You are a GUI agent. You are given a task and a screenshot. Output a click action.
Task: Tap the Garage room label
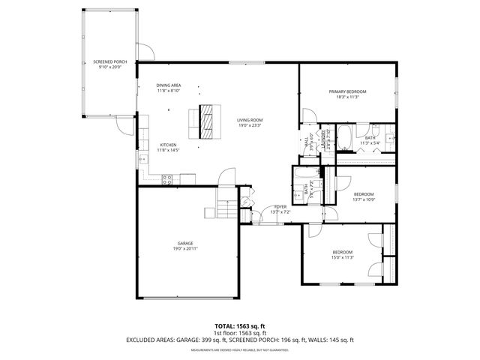[186, 243]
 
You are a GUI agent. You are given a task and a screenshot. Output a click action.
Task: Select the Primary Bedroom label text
[345, 91]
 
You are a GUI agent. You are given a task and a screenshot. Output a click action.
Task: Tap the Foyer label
[280, 206]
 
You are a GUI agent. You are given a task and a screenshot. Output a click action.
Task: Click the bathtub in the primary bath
[346, 139]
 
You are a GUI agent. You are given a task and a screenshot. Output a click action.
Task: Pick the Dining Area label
[169, 85]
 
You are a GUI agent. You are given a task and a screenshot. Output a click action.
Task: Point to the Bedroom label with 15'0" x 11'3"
[343, 252]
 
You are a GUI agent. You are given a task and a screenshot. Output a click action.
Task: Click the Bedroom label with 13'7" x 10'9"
[363, 193]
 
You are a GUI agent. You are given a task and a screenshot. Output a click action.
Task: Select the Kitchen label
[168, 145]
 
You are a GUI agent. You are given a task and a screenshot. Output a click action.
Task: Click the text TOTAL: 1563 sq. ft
[239, 326]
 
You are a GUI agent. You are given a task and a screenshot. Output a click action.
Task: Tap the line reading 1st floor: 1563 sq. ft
[239, 333]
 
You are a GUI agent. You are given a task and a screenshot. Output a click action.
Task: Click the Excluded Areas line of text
[239, 340]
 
